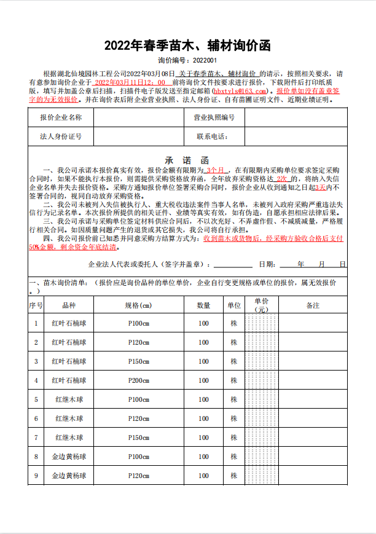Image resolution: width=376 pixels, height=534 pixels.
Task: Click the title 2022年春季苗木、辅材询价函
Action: coord(187,45)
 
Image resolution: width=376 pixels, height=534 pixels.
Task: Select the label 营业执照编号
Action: coord(214,117)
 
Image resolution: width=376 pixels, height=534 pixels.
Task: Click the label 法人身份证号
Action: coord(61,136)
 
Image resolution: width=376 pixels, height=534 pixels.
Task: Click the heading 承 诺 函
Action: coord(187,159)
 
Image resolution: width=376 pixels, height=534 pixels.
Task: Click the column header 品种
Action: coord(69,305)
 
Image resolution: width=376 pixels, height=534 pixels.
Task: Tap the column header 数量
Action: coord(203,305)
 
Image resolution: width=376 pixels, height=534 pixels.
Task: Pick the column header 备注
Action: coord(313,305)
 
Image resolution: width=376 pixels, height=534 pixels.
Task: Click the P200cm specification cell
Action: coord(138,380)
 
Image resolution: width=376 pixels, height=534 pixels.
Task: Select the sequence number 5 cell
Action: coord(36,399)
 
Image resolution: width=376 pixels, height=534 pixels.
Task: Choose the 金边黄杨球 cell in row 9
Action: coord(69,476)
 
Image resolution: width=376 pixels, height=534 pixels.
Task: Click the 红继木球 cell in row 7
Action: coord(69,438)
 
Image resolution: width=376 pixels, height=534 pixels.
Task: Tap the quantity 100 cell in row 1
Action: coord(203,323)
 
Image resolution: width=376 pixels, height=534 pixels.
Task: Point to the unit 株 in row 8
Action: coord(233,457)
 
